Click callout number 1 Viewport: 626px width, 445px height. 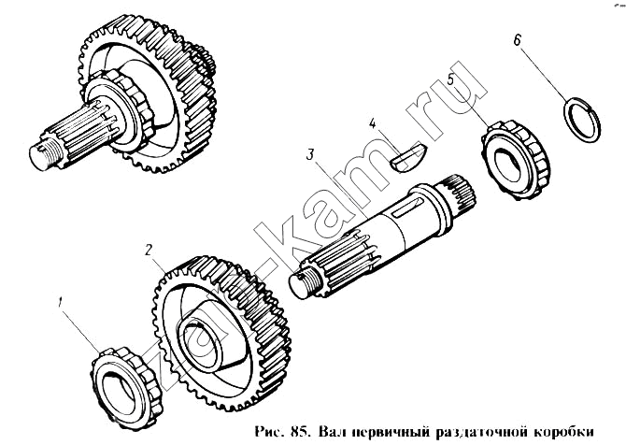click(x=60, y=302)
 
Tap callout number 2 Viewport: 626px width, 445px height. click(x=149, y=250)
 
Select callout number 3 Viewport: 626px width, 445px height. click(x=310, y=154)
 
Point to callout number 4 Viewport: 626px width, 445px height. click(x=372, y=123)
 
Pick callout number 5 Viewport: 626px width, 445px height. click(x=451, y=79)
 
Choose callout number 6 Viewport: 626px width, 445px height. click(x=518, y=40)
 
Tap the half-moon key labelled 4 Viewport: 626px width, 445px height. click(x=408, y=158)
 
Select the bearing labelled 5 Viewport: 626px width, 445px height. click(x=516, y=161)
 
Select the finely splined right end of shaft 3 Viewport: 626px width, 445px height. click(x=460, y=194)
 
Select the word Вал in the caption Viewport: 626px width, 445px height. click(x=330, y=433)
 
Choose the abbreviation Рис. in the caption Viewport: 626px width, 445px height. click(x=270, y=433)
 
